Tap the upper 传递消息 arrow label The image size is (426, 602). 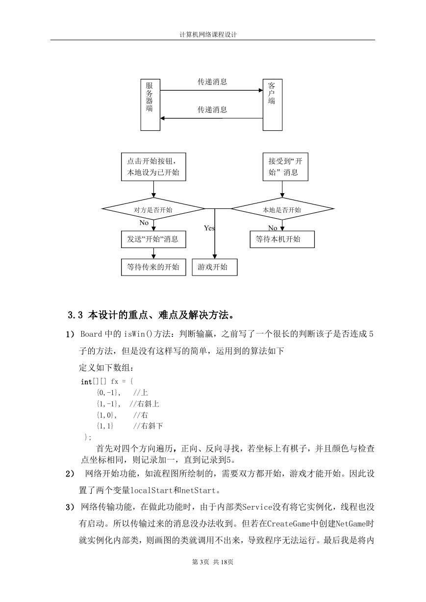(212, 82)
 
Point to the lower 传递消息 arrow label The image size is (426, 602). (212, 110)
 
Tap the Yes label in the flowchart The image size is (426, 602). (209, 228)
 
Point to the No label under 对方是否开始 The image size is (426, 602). (144, 223)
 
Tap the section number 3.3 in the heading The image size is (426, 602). (75, 315)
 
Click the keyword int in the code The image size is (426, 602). (86, 382)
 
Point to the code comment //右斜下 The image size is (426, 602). (148, 426)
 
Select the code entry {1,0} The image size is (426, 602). (105, 415)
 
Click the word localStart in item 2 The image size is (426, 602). (151, 490)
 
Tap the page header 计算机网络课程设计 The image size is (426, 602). (208, 35)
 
